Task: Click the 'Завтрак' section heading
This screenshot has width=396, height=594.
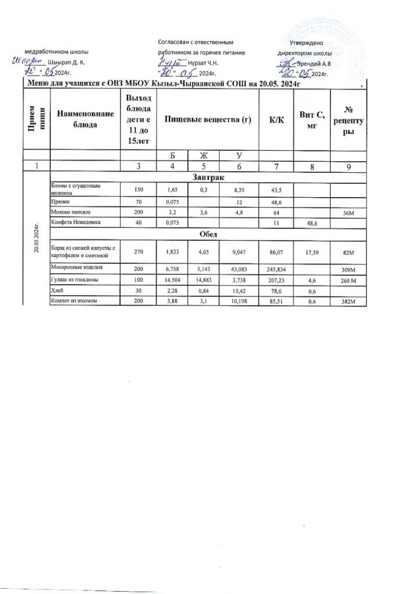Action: point(207,176)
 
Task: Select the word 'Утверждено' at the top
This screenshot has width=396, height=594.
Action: point(310,44)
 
